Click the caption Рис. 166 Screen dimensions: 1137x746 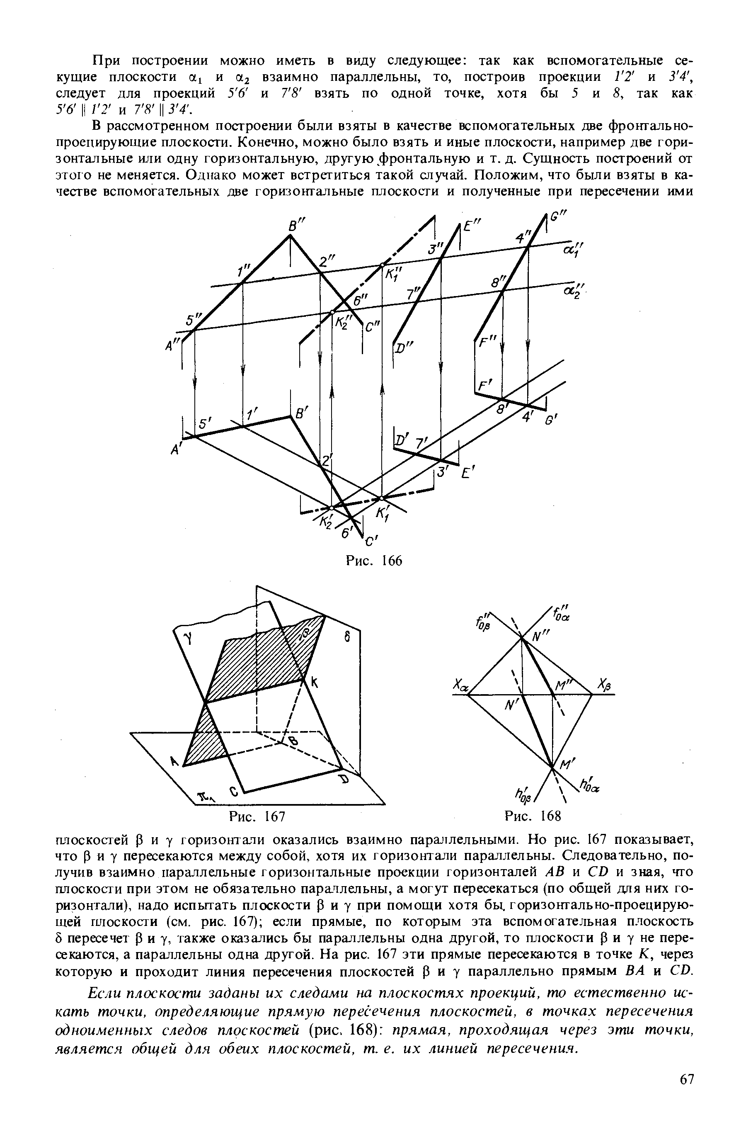click(x=373, y=560)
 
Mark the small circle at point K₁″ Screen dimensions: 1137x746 click(x=382, y=265)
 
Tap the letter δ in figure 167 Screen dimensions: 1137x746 click(x=348, y=637)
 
